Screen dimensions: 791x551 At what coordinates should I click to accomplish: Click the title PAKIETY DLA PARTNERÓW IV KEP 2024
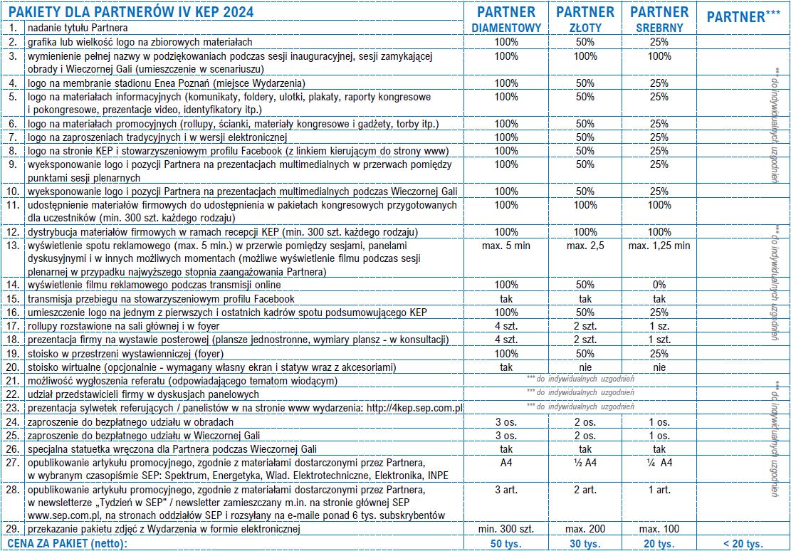click(132, 11)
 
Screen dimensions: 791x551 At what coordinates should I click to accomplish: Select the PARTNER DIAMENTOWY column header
click(506, 19)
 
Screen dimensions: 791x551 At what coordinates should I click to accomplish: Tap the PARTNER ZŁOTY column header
click(585, 19)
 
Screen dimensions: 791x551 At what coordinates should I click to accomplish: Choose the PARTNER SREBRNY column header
click(659, 19)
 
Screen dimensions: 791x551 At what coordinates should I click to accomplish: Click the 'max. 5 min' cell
click(506, 246)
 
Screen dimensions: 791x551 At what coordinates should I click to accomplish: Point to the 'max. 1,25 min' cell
click(659, 246)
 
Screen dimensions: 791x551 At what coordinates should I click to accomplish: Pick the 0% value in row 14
click(659, 285)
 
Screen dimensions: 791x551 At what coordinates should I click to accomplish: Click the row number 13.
click(13, 246)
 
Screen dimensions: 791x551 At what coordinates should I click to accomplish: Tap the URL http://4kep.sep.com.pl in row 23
click(413, 408)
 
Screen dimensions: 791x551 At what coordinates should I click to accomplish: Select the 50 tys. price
click(506, 544)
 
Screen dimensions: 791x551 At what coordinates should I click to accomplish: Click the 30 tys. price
click(585, 544)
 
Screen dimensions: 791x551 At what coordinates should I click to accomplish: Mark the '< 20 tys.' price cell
click(743, 544)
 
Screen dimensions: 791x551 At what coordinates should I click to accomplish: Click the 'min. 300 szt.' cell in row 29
click(506, 529)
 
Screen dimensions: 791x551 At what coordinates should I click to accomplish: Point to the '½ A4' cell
click(585, 462)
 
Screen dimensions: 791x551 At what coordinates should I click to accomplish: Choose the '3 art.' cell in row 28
click(506, 490)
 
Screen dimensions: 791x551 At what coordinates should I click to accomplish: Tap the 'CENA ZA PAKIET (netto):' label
click(68, 544)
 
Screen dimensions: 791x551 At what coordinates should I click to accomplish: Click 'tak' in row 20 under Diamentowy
click(506, 367)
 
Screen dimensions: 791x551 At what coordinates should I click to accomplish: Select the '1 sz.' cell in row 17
click(659, 326)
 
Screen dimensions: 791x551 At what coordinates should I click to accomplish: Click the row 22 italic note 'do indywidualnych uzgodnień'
click(580, 392)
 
